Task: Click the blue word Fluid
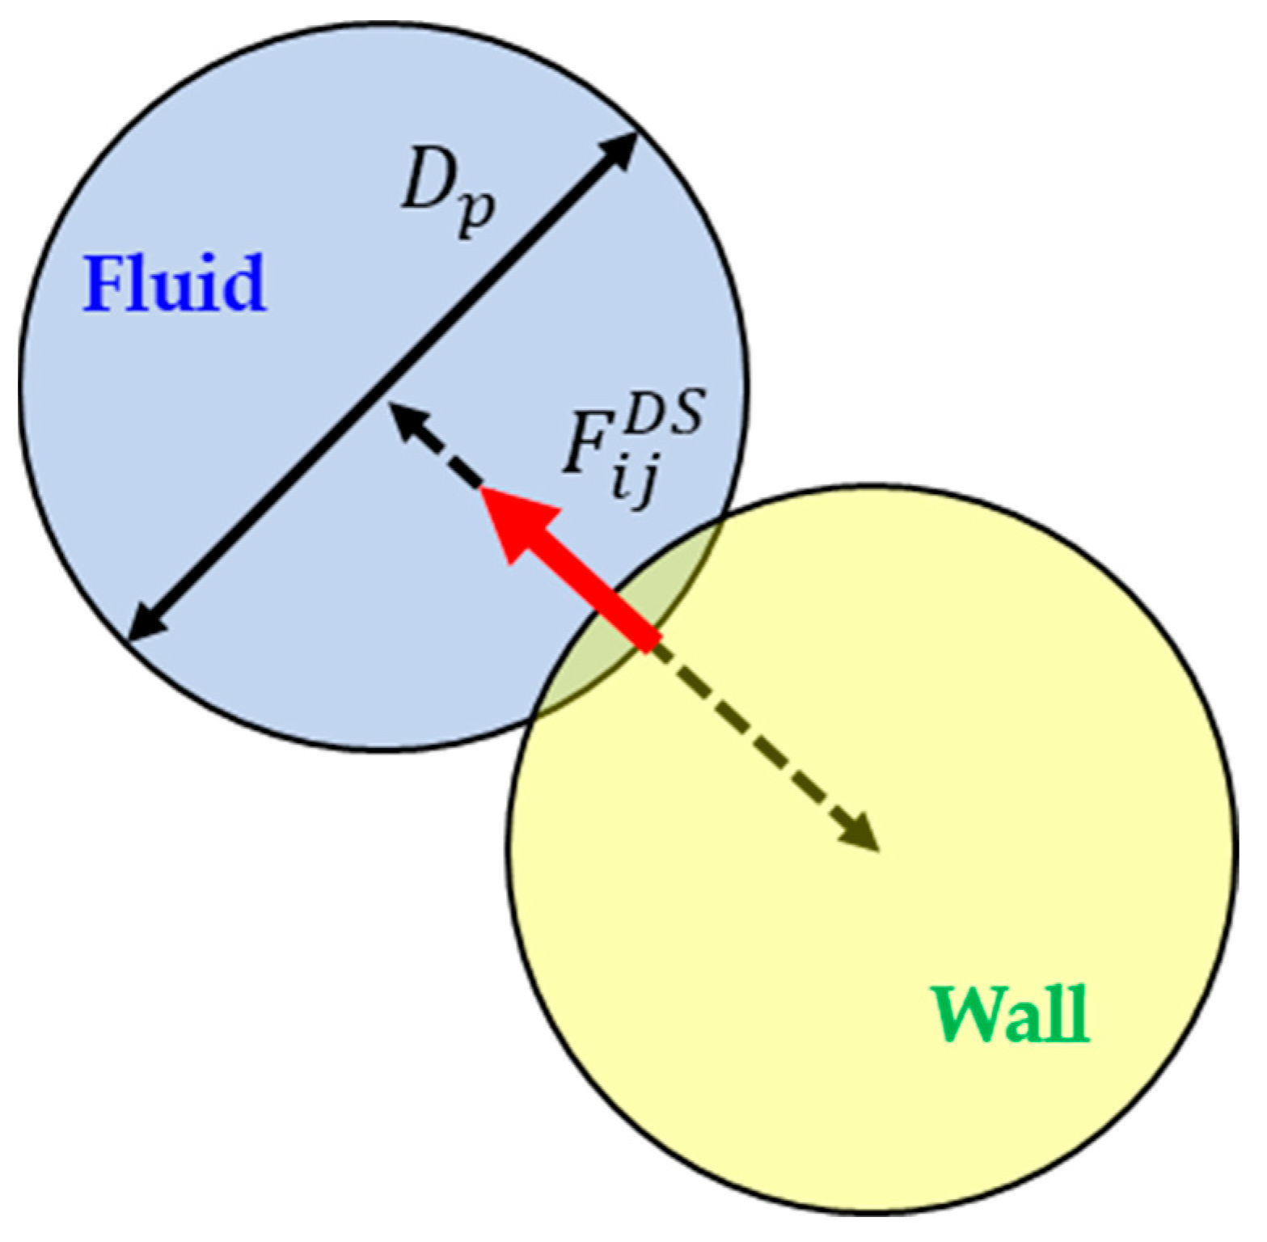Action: coord(174,283)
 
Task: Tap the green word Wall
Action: coord(1011,1015)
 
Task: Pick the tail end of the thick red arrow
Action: coord(651,639)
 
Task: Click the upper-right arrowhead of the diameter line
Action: coord(623,150)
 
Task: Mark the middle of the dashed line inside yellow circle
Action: coord(764,744)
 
